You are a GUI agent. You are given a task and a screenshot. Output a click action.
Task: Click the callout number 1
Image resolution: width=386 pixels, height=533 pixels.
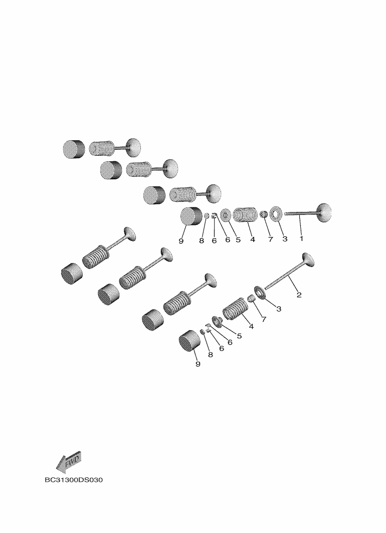click(301, 238)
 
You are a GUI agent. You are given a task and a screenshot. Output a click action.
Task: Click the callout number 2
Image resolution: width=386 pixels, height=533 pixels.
click(299, 295)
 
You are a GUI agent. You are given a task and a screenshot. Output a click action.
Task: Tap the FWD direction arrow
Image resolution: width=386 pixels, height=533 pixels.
click(68, 462)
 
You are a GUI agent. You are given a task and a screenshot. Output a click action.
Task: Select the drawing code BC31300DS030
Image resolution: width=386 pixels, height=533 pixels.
click(74, 480)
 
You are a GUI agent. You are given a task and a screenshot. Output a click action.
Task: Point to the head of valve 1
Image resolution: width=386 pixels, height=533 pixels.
click(324, 212)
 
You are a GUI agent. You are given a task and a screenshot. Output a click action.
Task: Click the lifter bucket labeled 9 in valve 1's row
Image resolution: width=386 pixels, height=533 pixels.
click(191, 216)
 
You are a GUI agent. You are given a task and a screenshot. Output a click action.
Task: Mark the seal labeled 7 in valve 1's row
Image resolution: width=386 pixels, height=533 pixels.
click(263, 214)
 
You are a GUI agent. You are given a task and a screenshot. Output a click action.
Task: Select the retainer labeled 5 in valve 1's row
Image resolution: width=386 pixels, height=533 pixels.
click(226, 215)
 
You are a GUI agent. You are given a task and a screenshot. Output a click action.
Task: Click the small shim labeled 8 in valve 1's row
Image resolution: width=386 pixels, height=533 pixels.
click(206, 215)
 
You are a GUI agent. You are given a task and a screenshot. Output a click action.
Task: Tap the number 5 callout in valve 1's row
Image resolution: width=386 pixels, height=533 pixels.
click(238, 239)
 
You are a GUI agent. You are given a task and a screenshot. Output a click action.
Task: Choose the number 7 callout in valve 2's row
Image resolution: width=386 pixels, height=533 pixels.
click(264, 319)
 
